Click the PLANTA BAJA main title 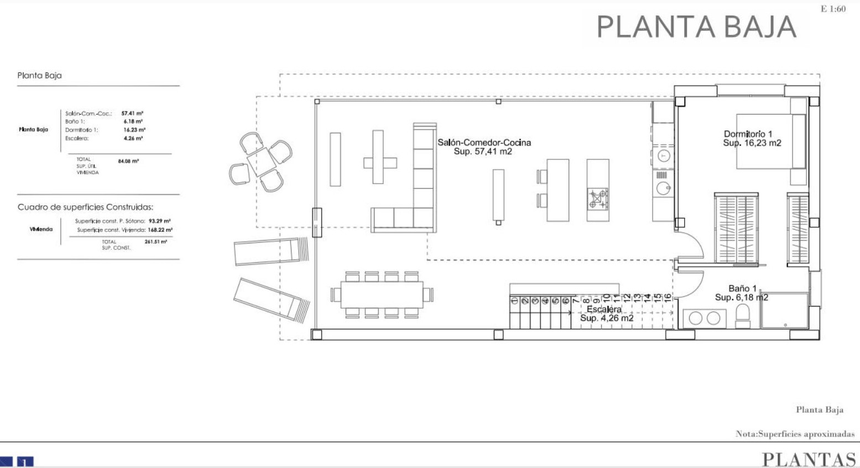click(x=696, y=27)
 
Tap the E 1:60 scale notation click(x=833, y=9)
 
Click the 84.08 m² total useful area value click(x=128, y=161)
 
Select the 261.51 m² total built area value click(x=155, y=242)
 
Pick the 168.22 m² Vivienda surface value click(x=160, y=230)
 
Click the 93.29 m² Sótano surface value click(x=159, y=221)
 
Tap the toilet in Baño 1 click(x=743, y=316)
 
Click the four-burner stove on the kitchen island click(x=598, y=199)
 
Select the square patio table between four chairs click(x=261, y=162)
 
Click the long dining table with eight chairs click(x=382, y=295)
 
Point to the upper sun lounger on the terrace click(x=271, y=252)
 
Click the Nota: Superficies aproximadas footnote click(x=795, y=434)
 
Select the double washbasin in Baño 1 click(x=705, y=318)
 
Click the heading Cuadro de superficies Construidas click(x=85, y=207)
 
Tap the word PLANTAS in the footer click(x=809, y=460)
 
